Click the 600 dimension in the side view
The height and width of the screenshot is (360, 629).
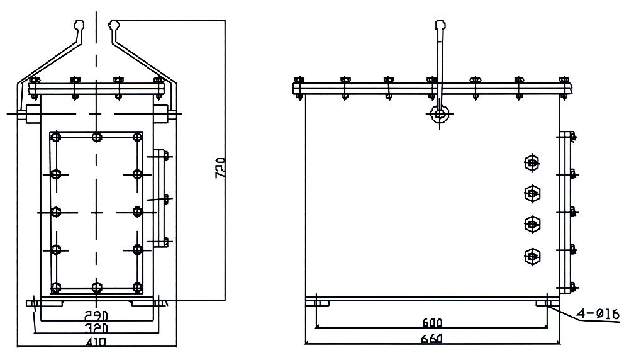433,323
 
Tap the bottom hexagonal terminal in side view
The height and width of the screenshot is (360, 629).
532,256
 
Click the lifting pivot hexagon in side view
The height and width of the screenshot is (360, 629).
438,114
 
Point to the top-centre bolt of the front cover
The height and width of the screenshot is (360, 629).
96,137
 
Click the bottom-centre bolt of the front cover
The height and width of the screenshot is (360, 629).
96,288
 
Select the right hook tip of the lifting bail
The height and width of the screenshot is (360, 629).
113,25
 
